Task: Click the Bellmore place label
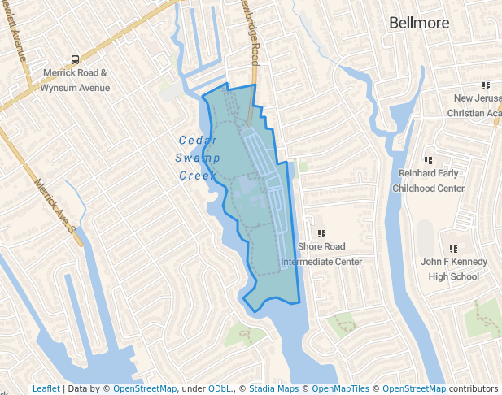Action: pos(419,23)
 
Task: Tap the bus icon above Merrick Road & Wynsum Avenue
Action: pos(76,59)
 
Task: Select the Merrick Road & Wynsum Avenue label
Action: pos(76,80)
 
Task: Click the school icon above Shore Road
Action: pos(321,233)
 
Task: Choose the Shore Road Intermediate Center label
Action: pos(321,254)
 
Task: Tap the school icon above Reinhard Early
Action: pos(428,160)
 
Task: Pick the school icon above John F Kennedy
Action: pos(453,249)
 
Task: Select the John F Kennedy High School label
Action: pos(453,269)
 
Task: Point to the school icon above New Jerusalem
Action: pos(486,85)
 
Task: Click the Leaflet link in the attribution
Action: pos(46,388)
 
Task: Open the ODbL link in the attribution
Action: pos(220,388)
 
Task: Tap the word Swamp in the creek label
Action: pos(198,157)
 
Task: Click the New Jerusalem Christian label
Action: pos(477,106)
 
